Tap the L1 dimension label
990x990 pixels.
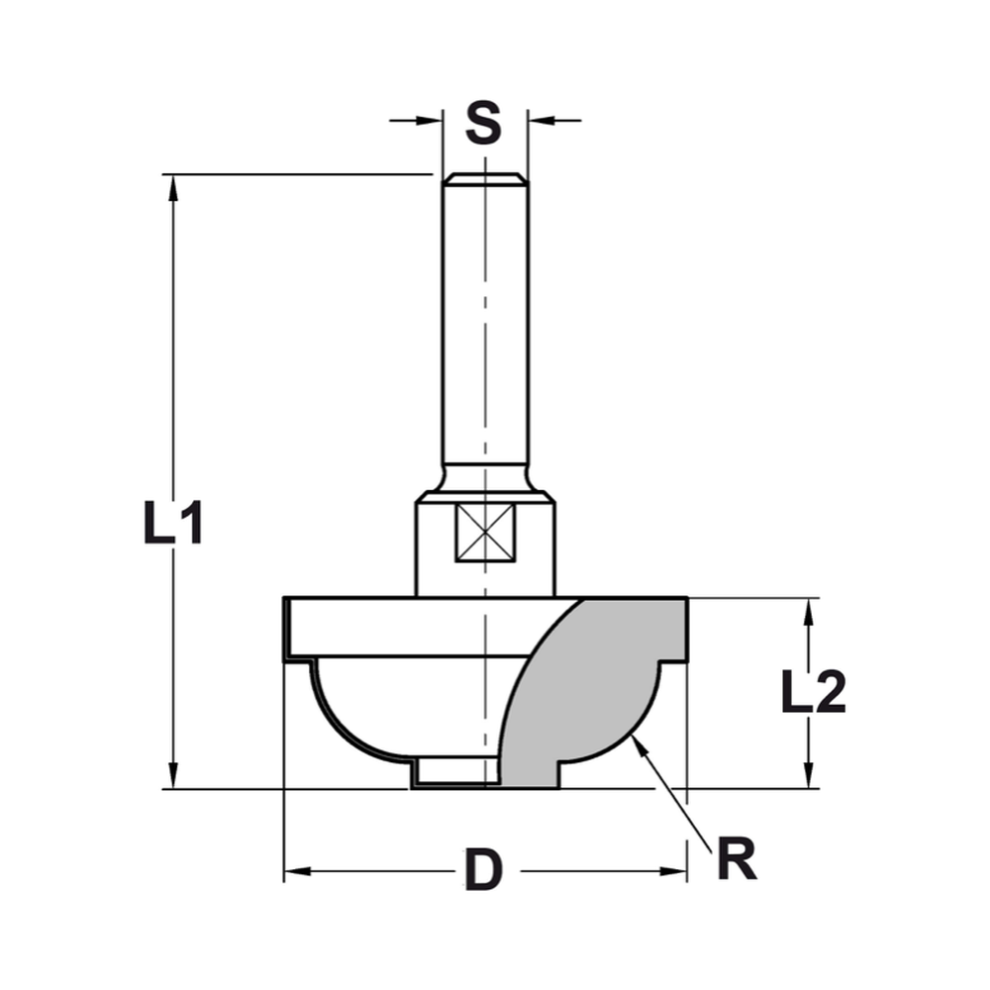click(x=173, y=523)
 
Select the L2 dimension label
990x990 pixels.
click(x=813, y=692)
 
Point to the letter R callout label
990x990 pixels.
click(x=736, y=860)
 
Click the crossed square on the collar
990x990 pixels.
click(x=484, y=532)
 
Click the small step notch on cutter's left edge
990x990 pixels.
click(x=289, y=658)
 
